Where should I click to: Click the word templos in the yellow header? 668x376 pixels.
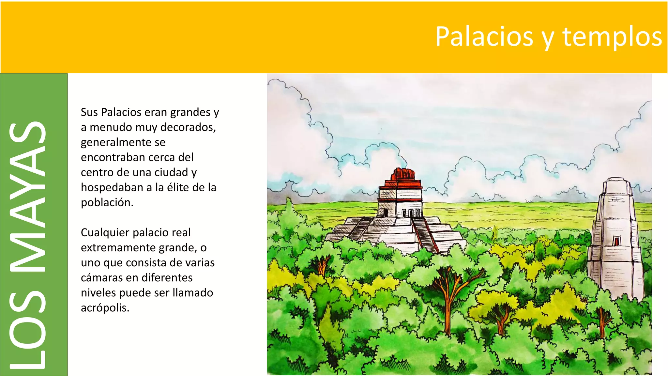pyautogui.click(x=612, y=37)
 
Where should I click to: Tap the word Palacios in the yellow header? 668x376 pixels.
pyautogui.click(x=484, y=36)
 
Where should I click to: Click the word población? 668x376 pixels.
pyautogui.click(x=107, y=202)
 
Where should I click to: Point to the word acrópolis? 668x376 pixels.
pyautogui.click(x=105, y=308)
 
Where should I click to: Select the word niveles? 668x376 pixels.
pyautogui.click(x=98, y=293)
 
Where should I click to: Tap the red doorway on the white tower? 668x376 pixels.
pyautogui.click(x=616, y=241)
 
